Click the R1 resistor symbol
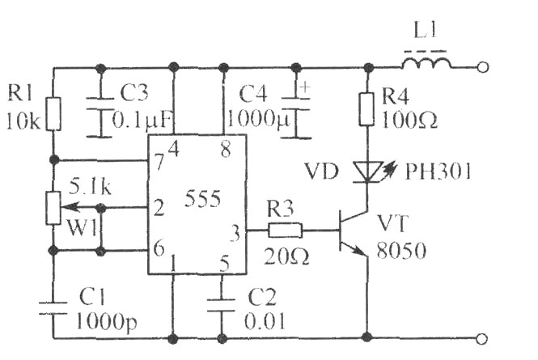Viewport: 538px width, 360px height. pyautogui.click(x=53, y=114)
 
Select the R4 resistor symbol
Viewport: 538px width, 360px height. pyautogui.click(x=366, y=108)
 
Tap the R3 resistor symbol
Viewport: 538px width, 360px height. pyautogui.click(x=285, y=231)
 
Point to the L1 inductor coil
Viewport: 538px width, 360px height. pyautogui.click(x=426, y=63)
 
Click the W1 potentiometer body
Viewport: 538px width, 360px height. pyautogui.click(x=53, y=208)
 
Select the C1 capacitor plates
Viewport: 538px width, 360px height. pyautogui.click(x=53, y=308)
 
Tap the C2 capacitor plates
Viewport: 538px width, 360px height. pyautogui.click(x=222, y=305)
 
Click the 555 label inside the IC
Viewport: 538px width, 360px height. pyautogui.click(x=202, y=198)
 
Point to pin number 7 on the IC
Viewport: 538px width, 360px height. pyautogui.click(x=159, y=162)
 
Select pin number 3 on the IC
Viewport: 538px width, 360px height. pyautogui.click(x=235, y=233)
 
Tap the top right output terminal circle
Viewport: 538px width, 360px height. pyautogui.click(x=482, y=67)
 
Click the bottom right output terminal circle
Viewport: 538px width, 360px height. pyautogui.click(x=482, y=339)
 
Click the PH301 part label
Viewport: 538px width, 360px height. pyautogui.click(x=438, y=171)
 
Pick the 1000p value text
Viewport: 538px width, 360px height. pyautogui.click(x=106, y=322)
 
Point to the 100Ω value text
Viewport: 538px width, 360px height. pyautogui.click(x=409, y=120)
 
